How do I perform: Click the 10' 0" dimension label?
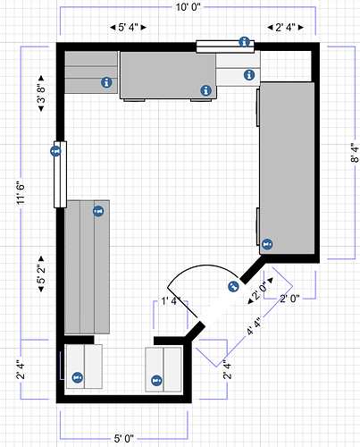coord(188,7)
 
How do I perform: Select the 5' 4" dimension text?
coord(128,28)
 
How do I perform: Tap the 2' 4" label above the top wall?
coord(285,28)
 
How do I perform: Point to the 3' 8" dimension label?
coord(41,93)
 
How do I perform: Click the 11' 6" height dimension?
coord(21,193)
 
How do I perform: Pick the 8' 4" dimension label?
coord(355,153)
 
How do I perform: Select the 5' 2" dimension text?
coord(41,274)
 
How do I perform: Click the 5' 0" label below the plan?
coord(124,438)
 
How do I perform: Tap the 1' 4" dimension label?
coord(169,301)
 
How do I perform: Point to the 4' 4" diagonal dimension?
coord(254,326)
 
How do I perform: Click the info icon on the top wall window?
coord(245,42)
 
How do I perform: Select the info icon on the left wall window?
coord(55,151)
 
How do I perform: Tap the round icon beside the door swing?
coord(233,287)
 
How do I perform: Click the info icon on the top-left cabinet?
coord(106,82)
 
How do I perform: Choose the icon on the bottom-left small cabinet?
coord(78,377)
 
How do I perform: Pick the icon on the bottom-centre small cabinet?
coord(156,380)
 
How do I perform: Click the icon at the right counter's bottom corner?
coord(267,244)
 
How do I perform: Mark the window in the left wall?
coord(60,174)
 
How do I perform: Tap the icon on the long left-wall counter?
coord(98,211)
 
